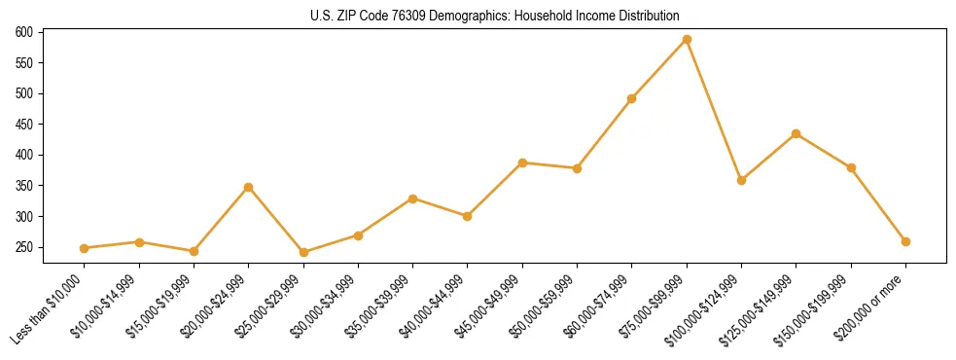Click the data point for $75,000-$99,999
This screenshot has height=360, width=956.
[x=687, y=39]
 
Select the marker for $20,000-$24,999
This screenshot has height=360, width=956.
[x=249, y=187]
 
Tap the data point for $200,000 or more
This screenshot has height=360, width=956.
[x=905, y=241]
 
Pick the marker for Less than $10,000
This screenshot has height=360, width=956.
[x=85, y=248]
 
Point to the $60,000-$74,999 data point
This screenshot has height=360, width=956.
[x=632, y=98]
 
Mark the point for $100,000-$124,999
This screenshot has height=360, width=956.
[x=741, y=180]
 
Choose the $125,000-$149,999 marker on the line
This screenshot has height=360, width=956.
[x=797, y=133]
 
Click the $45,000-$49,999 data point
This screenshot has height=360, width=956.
[x=522, y=162]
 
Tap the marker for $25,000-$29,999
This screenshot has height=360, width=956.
[x=303, y=252]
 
